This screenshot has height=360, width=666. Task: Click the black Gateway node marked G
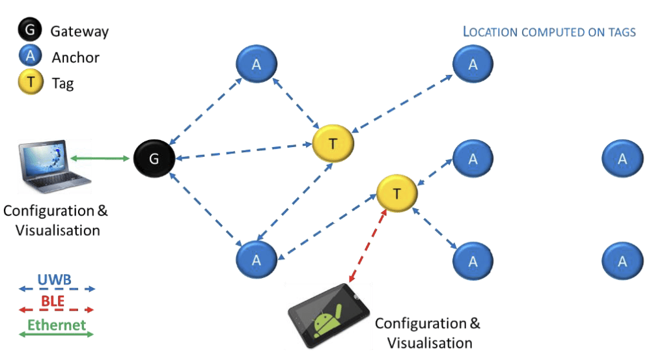(x=154, y=158)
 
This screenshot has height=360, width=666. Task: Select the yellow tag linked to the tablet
(x=397, y=193)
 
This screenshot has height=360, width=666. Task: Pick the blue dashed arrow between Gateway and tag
(x=244, y=152)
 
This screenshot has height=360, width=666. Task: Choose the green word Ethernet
(x=56, y=324)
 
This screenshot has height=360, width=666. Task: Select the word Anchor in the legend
(x=76, y=57)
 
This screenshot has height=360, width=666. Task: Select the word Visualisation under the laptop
(x=55, y=230)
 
